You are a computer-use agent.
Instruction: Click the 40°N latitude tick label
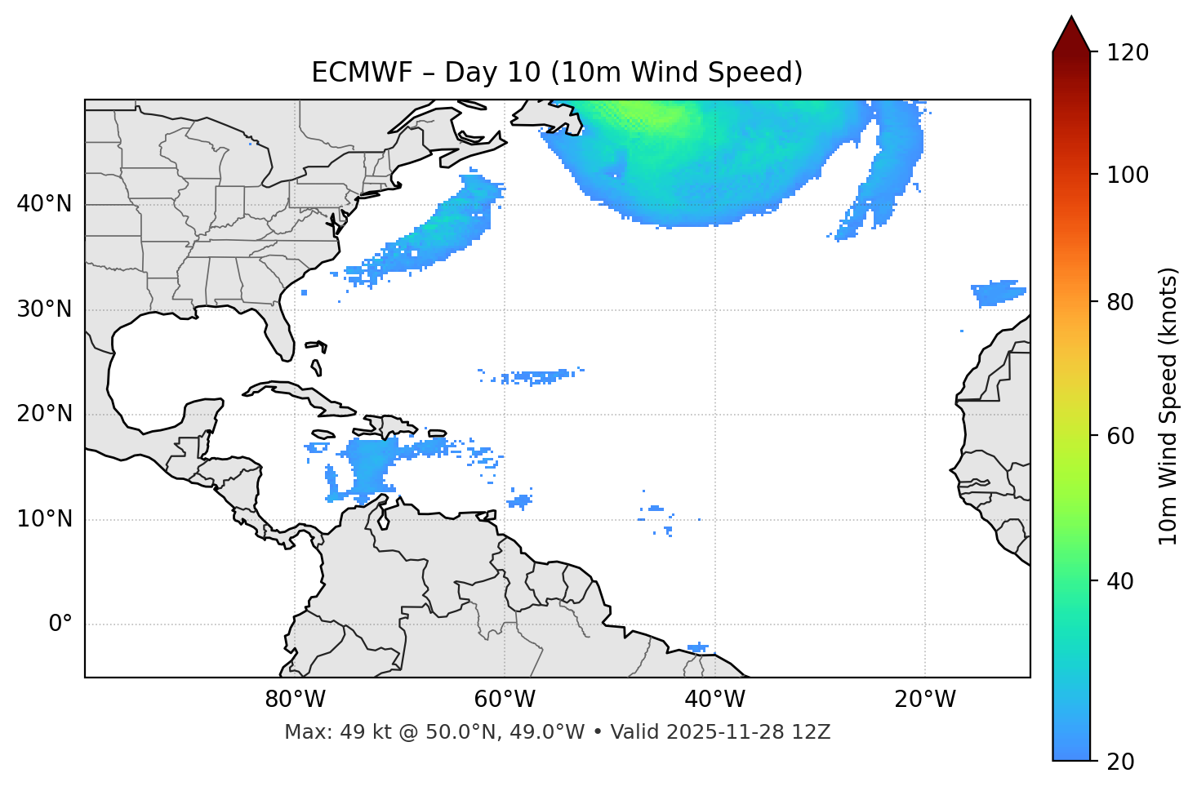click(x=44, y=204)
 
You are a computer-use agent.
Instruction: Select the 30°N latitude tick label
click(x=44, y=309)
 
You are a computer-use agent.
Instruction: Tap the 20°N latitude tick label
click(x=44, y=414)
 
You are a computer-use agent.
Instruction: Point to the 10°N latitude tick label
click(x=44, y=519)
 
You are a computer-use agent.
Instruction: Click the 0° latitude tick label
click(x=60, y=624)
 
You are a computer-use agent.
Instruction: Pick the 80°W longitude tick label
click(x=295, y=700)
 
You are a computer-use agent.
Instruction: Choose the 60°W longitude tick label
click(x=505, y=700)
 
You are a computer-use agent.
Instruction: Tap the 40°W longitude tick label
click(x=714, y=700)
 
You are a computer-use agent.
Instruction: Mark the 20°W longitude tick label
click(x=925, y=700)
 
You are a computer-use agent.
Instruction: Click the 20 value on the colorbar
click(x=1121, y=762)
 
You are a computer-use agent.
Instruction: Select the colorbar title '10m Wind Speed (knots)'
click(x=1168, y=406)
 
